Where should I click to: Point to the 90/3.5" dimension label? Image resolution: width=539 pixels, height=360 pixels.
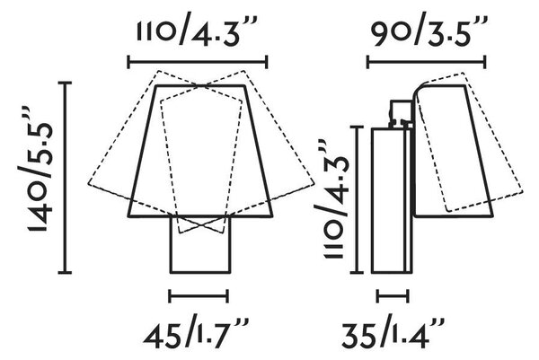tap(425, 31)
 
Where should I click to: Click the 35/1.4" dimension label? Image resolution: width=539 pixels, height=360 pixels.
tap(393, 331)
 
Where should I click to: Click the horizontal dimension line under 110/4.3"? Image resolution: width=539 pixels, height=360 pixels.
tap(198, 62)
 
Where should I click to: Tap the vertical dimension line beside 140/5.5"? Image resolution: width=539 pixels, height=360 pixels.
tap(65, 178)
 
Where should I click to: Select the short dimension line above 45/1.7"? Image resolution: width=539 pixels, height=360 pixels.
tap(199, 295)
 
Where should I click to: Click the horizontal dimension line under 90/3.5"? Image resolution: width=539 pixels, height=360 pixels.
tap(427, 62)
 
